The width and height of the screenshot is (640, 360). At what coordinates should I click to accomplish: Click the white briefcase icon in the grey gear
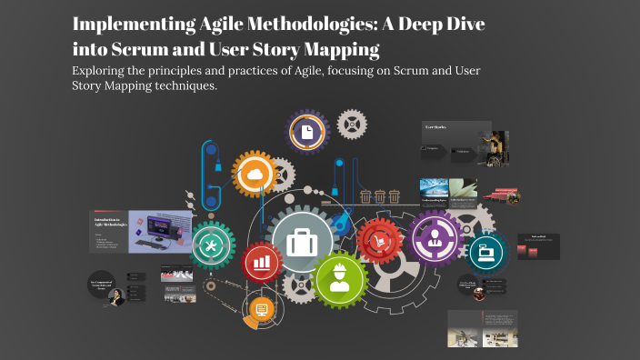302,241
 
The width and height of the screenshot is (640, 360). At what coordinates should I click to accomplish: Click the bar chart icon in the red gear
263,263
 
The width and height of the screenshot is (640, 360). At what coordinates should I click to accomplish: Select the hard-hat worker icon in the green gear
341,279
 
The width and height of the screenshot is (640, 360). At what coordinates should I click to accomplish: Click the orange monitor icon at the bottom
262,312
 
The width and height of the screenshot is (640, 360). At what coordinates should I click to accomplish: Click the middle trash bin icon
379,195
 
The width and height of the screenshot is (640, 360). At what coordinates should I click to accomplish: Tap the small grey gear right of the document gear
351,122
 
